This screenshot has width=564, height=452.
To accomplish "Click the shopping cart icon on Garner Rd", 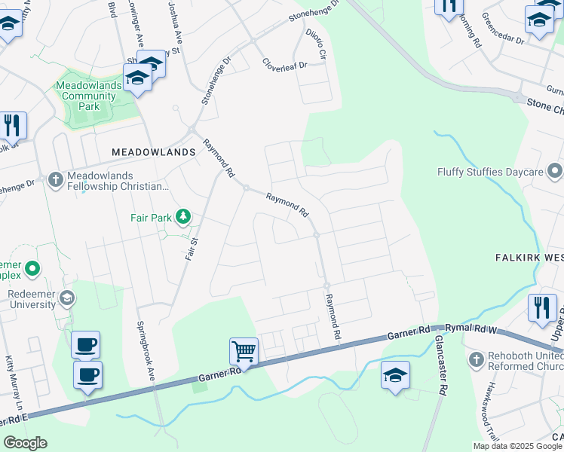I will pos(244,351).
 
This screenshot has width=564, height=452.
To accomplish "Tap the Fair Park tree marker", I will pos(182,218).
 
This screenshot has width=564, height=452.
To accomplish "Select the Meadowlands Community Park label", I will pos(88,96).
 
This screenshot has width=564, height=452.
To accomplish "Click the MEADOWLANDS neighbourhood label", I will pos(153,151).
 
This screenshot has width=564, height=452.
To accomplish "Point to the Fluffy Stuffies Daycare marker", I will pos(556,171).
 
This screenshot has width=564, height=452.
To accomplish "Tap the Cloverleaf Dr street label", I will pos(285,64).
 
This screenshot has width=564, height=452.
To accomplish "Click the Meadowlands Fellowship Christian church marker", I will pos(54,179).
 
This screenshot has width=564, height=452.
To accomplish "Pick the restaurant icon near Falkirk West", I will pos(541,307).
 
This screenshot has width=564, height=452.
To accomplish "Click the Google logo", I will pos(25,443).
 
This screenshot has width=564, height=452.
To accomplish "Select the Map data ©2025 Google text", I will pos(516,446).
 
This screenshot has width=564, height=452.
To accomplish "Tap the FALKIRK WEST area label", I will pos(529,257).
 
